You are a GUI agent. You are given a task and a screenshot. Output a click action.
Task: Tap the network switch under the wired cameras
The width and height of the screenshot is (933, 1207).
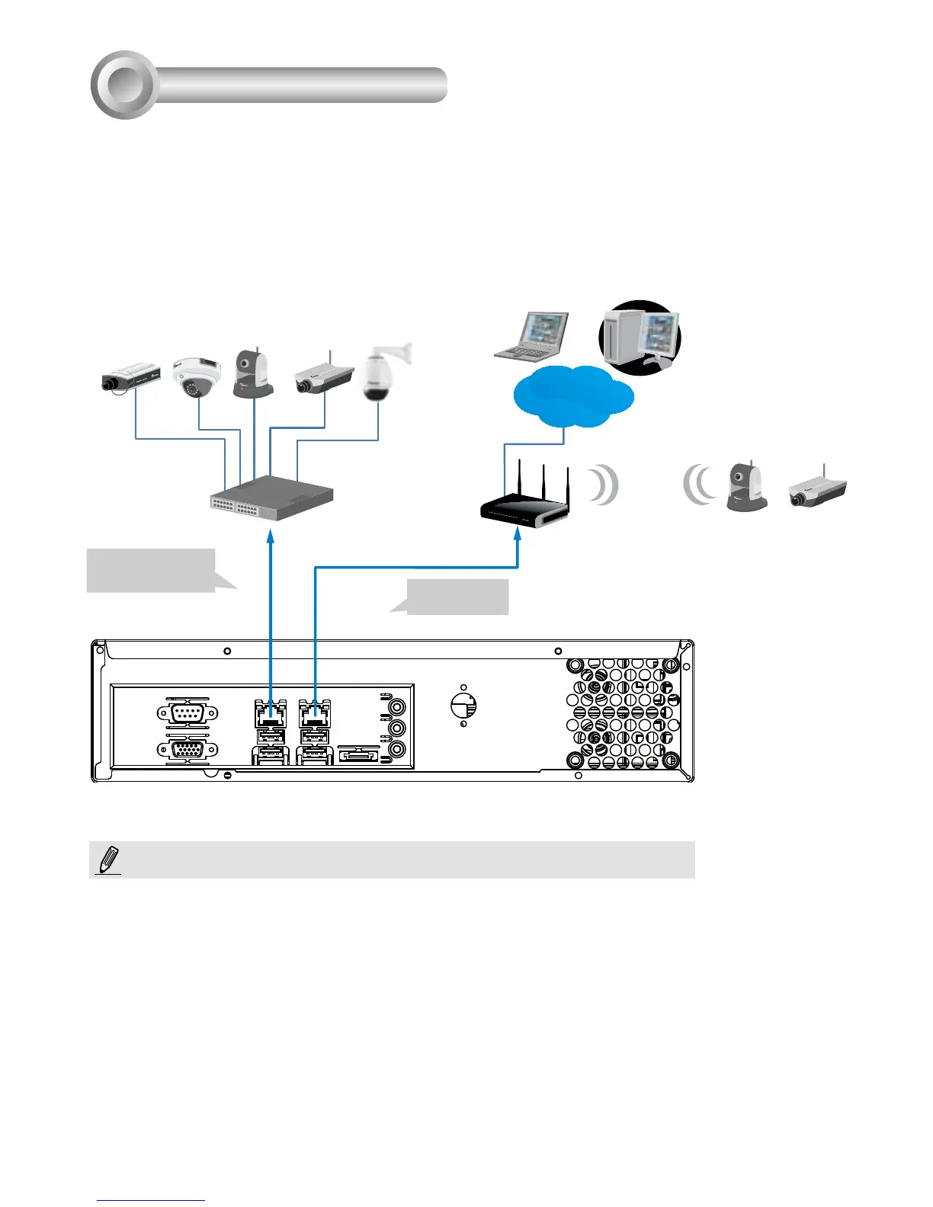(x=271, y=498)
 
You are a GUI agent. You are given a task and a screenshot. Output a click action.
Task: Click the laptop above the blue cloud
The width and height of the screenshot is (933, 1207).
(x=533, y=335)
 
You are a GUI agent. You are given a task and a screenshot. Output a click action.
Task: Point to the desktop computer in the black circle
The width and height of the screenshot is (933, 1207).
(x=640, y=337)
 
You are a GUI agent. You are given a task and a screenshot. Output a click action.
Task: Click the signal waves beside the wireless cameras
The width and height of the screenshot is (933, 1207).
(x=700, y=485)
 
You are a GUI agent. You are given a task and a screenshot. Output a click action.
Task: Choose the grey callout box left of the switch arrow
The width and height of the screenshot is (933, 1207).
(x=151, y=569)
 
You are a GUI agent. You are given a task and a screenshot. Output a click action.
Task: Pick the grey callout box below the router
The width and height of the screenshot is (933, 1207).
(x=457, y=596)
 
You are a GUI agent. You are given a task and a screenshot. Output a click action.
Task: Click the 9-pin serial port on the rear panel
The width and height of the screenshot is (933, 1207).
(x=188, y=713)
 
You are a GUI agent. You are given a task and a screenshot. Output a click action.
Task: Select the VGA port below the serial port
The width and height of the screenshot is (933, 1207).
(x=188, y=751)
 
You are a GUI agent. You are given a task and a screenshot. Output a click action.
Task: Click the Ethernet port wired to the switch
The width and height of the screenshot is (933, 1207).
(x=271, y=714)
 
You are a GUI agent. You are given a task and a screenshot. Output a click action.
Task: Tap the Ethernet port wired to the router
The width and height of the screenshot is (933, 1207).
(x=315, y=714)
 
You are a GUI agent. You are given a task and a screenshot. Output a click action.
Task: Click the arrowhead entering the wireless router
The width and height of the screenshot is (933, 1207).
(x=518, y=536)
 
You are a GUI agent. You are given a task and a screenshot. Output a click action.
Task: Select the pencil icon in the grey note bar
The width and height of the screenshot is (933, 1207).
(x=109, y=859)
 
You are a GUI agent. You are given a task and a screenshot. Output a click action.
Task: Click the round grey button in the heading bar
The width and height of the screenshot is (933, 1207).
(x=124, y=85)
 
